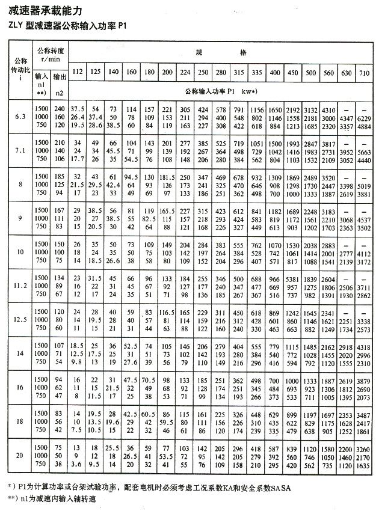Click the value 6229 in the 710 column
(x=363, y=118)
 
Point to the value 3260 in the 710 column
(x=363, y=449)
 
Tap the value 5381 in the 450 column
(x=292, y=280)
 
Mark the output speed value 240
(x=59, y=110)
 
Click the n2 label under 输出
(x=59, y=93)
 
